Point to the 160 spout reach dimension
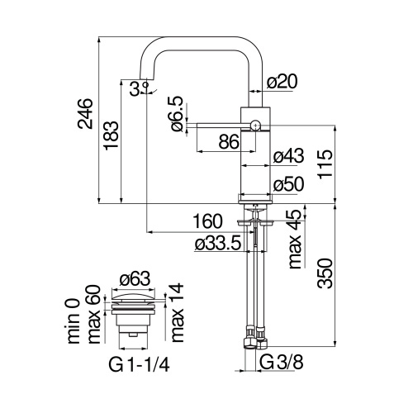[207, 221]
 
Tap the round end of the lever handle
[255, 126]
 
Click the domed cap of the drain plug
[132, 297]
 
